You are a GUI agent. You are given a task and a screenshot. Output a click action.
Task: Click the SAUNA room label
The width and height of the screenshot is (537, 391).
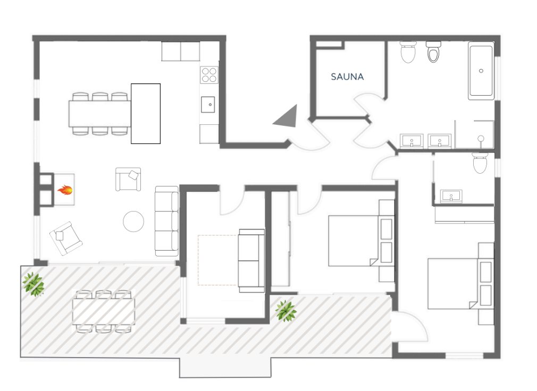click(x=347, y=76)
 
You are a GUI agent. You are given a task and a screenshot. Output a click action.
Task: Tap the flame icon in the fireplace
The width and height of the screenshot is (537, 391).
click(x=65, y=190)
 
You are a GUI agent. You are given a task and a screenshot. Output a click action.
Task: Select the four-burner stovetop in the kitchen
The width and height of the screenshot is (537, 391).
click(x=209, y=75)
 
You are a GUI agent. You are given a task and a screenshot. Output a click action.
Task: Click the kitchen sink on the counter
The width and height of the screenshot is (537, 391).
click(x=208, y=104)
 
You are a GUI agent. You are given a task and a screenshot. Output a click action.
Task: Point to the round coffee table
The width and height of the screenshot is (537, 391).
click(x=133, y=222)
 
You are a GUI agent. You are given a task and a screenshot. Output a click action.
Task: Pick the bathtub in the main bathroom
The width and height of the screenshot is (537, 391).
click(x=481, y=71)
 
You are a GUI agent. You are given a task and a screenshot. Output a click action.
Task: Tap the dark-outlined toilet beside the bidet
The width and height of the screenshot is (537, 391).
click(x=433, y=52)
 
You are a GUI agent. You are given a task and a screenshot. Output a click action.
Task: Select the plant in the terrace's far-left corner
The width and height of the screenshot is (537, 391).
click(x=33, y=284)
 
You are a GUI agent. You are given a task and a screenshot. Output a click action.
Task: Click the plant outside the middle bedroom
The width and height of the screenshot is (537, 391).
click(x=286, y=311)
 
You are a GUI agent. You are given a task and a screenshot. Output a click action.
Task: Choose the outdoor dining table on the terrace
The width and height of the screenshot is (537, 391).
click(x=104, y=312)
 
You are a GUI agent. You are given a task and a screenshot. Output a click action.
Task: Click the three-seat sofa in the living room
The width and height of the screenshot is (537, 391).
click(x=167, y=221)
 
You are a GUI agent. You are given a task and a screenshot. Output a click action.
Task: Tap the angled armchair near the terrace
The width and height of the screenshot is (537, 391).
click(x=66, y=239)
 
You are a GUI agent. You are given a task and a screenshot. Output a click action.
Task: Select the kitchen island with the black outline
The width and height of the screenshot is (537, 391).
click(x=146, y=114)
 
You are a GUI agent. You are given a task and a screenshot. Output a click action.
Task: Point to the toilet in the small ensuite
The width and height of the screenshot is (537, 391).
click(x=480, y=163)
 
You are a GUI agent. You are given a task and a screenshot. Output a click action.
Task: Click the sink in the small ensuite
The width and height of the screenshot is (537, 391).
click(x=451, y=197)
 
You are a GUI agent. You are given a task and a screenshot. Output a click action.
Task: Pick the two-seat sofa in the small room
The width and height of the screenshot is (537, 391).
click(x=251, y=261)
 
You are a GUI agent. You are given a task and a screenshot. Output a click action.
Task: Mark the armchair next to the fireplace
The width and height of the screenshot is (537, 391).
click(x=129, y=179)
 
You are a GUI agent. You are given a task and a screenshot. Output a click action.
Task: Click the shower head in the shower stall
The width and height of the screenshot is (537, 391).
click(x=481, y=139)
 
